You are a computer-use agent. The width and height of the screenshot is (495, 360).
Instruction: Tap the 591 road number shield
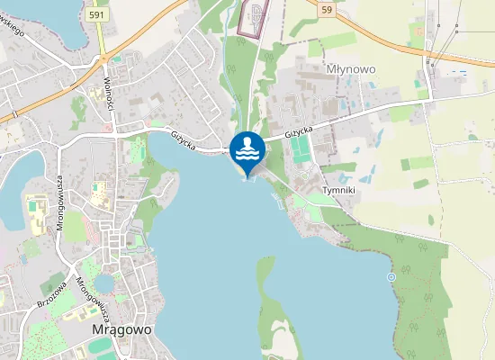tap(98, 15)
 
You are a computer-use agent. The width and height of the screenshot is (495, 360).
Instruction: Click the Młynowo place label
tap(350, 68)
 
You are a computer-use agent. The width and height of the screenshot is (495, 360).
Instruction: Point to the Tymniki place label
tap(339, 191)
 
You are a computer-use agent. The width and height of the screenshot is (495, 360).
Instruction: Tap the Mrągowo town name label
tap(122, 329)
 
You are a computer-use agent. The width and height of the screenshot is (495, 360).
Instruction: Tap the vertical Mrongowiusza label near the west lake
tap(60, 203)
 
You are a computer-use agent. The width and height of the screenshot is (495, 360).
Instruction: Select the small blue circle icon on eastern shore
tap(391, 277)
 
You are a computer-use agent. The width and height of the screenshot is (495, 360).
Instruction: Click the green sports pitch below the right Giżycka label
tap(299, 151)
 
